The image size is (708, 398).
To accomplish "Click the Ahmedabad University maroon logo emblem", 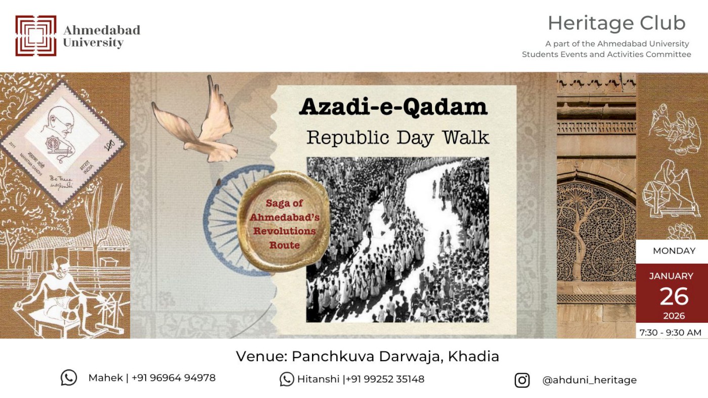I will coord(35,35).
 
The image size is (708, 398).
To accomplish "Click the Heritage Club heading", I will coord(616,23).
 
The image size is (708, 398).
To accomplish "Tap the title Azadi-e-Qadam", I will coord(393,107).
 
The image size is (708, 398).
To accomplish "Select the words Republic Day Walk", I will coord(397,137).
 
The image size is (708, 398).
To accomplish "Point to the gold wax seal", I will coord(284,221).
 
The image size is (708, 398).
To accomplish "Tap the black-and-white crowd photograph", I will coord(397,239).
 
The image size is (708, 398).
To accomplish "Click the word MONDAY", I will coord(674,251).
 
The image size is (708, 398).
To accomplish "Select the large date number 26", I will coord(674,296).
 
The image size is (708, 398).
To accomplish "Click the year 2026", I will coord(674,316).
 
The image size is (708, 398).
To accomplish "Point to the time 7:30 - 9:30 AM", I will coord(671,332).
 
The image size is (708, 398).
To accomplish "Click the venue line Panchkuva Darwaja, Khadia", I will coord(367,356).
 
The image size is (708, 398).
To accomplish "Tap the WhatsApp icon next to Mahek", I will coord(69,378).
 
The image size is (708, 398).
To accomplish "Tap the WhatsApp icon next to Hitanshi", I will coord(287,379).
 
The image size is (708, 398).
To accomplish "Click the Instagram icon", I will coord(522,380).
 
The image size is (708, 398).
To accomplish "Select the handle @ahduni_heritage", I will coord(589,380).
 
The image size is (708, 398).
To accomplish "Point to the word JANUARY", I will coord(671,276).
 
